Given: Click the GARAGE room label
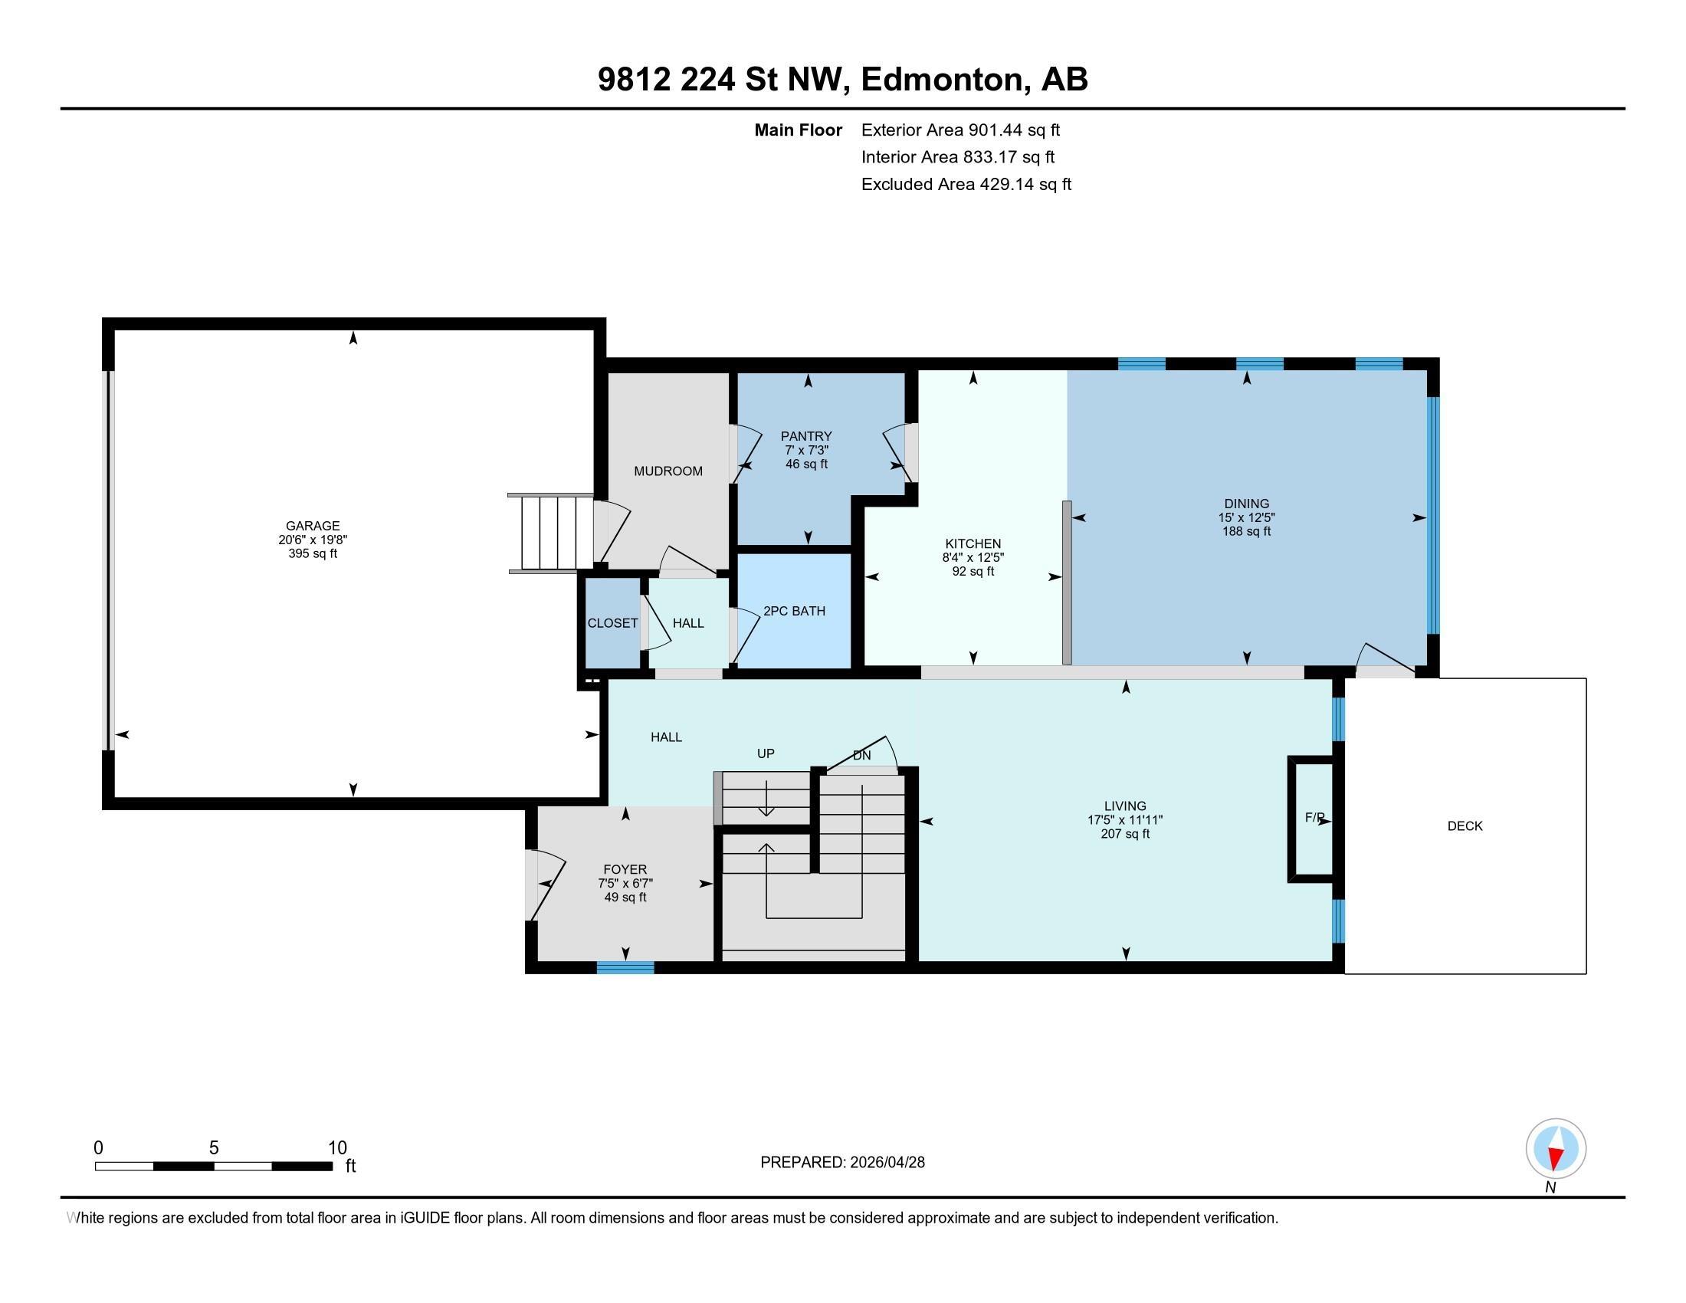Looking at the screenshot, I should coord(313,526).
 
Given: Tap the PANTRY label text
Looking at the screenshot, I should coord(806,436).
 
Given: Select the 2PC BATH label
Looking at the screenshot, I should coord(794,611).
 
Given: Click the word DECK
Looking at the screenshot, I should coord(1465,826).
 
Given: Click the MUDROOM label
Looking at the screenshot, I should coord(668,471).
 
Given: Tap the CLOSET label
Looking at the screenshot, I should coord(612,623).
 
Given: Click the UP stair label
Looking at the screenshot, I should coord(765,753).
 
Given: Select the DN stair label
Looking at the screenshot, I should coord(861,755).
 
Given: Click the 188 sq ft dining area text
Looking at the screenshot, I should coord(1246,532).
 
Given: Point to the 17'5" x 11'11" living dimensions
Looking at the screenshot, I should coord(1125,820).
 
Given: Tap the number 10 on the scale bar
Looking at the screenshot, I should coord(336,1148).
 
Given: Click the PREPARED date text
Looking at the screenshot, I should coord(842,1163).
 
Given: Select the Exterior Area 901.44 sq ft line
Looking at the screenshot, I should coord(960,130).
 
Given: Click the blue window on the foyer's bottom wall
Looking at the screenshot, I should coord(625,967).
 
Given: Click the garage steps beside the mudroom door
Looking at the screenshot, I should coord(549,533).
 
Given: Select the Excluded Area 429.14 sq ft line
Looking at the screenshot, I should coord(966,185).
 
